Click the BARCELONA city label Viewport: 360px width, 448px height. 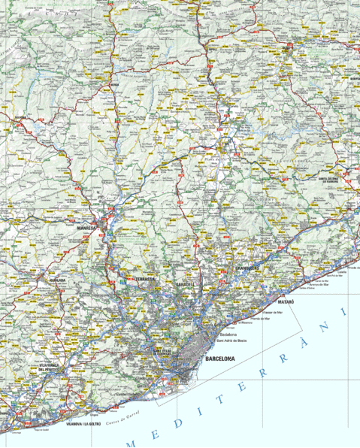coord(219,359)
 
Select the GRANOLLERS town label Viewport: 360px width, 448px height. coord(248,268)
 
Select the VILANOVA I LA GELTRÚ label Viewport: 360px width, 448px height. coord(83,424)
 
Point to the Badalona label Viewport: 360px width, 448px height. coord(228,334)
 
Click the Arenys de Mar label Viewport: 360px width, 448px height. coord(319,285)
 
